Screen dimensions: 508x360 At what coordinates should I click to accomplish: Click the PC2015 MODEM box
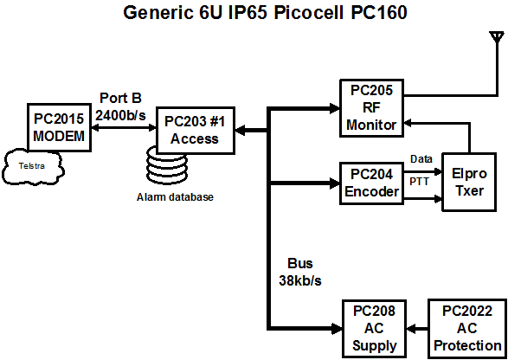(59, 127)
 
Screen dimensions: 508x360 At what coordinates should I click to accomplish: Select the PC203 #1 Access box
(196, 130)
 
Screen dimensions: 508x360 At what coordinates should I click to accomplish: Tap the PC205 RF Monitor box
(371, 108)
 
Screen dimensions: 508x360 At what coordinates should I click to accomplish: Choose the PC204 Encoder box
(371, 183)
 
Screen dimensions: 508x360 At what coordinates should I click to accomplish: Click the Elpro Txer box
(469, 182)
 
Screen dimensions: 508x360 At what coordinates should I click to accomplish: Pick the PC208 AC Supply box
(375, 328)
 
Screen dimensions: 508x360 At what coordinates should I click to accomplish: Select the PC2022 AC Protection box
(467, 328)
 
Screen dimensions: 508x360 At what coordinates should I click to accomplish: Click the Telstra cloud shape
(32, 166)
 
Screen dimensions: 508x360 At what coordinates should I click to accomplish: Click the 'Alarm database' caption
(175, 197)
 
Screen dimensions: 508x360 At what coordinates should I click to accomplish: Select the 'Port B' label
(120, 98)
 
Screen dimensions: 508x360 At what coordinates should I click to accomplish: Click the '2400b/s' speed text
(121, 115)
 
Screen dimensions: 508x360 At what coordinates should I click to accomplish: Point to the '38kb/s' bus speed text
(300, 280)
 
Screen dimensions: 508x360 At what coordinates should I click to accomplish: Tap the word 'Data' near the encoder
(421, 159)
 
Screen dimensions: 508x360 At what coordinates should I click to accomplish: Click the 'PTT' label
(420, 182)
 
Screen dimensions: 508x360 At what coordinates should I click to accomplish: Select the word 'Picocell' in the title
(307, 13)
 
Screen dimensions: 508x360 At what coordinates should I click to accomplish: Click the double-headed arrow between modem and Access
(124, 128)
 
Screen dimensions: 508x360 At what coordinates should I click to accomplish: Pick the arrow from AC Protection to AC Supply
(417, 329)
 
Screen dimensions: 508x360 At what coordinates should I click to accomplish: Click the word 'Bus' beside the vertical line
(300, 263)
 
